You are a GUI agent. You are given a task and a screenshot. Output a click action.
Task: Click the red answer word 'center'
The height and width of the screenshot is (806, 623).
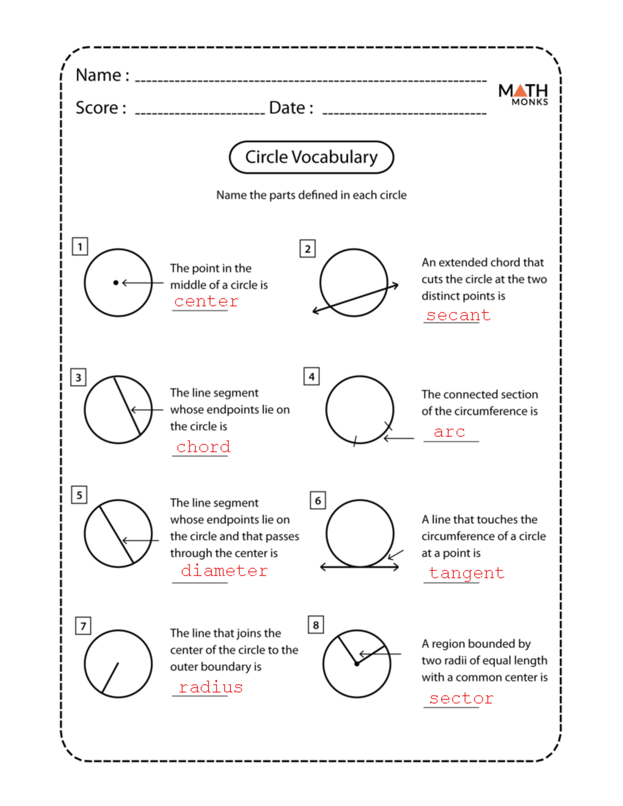pyautogui.click(x=206, y=302)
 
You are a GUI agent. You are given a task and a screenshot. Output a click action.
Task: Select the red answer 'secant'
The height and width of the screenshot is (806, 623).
pyautogui.click(x=458, y=315)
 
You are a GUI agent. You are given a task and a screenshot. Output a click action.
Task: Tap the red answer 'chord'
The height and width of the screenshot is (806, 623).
pyautogui.click(x=203, y=447)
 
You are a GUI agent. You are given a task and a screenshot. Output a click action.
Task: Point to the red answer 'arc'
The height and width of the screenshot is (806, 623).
pyautogui.click(x=450, y=432)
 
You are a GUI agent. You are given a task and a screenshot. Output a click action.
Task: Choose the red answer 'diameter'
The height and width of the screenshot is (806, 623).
pyautogui.click(x=224, y=571)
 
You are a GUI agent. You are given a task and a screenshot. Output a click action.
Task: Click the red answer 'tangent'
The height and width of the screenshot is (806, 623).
pyautogui.click(x=466, y=573)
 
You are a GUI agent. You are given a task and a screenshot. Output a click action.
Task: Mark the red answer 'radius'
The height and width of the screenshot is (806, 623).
pyautogui.click(x=211, y=688)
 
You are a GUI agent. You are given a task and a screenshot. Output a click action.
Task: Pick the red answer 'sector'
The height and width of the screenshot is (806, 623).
pyautogui.click(x=461, y=699)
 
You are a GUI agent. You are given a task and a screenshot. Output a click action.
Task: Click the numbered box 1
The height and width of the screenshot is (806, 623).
pyautogui.click(x=80, y=247)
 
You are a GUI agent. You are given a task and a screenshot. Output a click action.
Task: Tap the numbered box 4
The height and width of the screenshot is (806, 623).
pyautogui.click(x=311, y=376)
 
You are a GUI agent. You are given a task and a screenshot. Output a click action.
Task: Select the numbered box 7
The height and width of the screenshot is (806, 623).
pyautogui.click(x=83, y=626)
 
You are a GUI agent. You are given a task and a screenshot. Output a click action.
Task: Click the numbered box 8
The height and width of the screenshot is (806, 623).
pyautogui.click(x=316, y=625)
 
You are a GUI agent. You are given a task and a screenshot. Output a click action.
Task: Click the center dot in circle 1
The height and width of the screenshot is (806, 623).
pyautogui.click(x=116, y=283)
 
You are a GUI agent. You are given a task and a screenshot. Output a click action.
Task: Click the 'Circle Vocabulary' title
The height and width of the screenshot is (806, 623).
pyautogui.click(x=311, y=157)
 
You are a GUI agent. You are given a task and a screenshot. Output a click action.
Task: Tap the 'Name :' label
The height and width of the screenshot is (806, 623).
pyautogui.click(x=102, y=75)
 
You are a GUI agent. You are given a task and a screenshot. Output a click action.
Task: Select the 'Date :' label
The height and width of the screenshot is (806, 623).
pyautogui.click(x=291, y=108)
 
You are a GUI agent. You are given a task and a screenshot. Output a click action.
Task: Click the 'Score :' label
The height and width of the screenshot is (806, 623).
pyautogui.click(x=101, y=108)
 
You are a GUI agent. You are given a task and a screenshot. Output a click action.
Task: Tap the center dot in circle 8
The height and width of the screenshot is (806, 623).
pyautogui.click(x=357, y=664)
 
